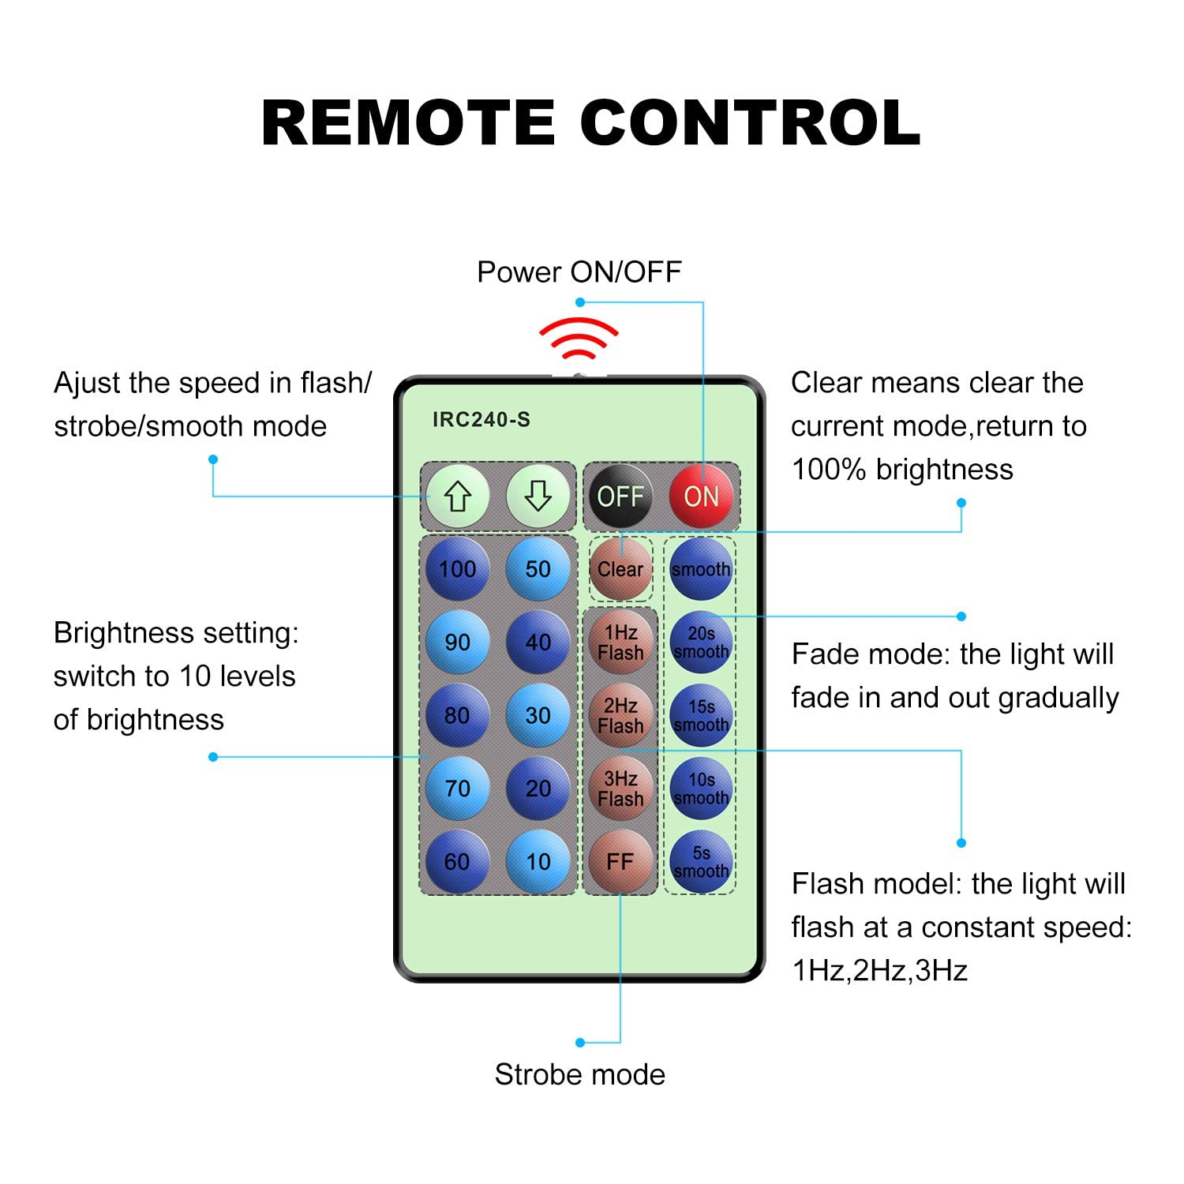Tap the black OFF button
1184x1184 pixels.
[x=620, y=496]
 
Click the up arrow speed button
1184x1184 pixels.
[x=458, y=496]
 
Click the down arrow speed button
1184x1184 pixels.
[x=538, y=496]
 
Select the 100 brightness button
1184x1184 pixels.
[x=458, y=569]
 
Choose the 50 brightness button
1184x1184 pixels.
[x=538, y=569]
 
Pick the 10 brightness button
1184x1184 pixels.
[x=538, y=861]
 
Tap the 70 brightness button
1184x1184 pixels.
[x=458, y=789]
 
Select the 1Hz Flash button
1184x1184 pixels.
[x=620, y=643]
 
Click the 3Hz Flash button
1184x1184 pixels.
[x=620, y=789]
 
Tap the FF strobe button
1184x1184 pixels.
[x=620, y=861]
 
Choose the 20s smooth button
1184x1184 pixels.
[x=701, y=643]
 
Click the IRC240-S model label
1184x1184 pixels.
[x=481, y=419]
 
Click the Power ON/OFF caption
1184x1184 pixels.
[x=579, y=272]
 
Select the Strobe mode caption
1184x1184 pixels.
[x=580, y=1075]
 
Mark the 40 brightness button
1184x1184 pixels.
[x=538, y=643]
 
